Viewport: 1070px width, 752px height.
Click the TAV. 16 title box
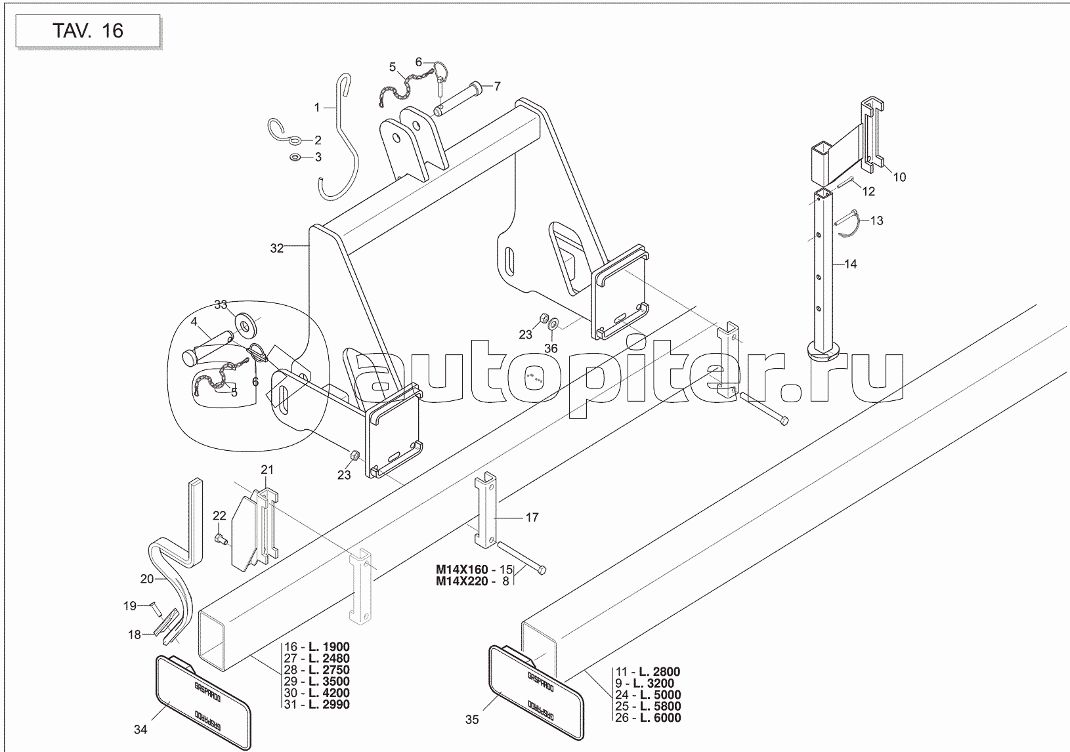[87, 31]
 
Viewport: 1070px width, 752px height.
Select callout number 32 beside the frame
[277, 248]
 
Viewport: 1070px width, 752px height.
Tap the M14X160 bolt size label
[463, 569]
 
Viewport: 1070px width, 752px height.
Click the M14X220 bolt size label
[463, 581]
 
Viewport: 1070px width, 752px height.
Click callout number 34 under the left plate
[140, 729]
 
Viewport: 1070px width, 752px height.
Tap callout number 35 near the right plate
[472, 720]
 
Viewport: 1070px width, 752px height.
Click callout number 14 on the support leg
[850, 264]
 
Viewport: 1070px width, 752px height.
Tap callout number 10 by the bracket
[899, 177]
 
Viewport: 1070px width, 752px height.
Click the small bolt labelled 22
[221, 539]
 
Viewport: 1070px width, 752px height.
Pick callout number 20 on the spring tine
[147, 579]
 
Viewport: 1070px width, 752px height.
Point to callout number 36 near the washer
[551, 348]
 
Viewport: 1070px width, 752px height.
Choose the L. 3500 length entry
[326, 681]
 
